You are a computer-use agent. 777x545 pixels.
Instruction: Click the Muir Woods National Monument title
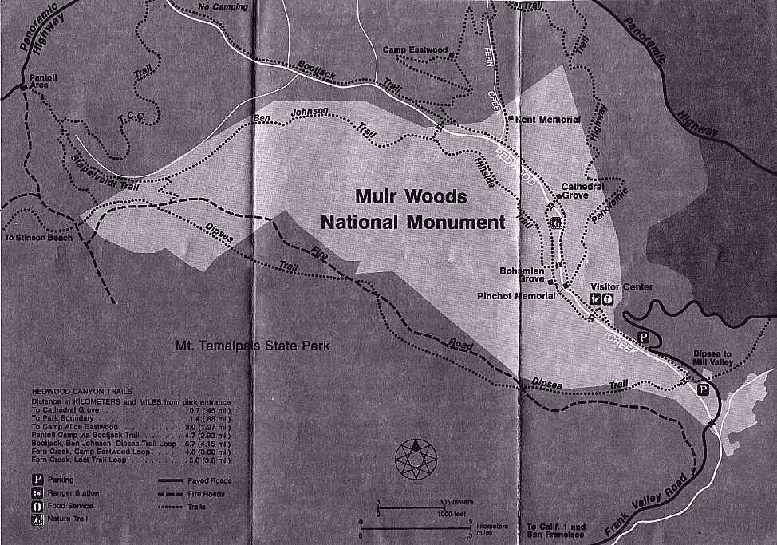pyautogui.click(x=413, y=209)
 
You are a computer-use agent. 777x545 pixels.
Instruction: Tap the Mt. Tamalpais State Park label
pyautogui.click(x=252, y=346)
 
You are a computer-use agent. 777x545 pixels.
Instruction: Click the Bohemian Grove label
pyautogui.click(x=522, y=276)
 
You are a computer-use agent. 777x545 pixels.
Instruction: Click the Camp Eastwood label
pyautogui.click(x=415, y=49)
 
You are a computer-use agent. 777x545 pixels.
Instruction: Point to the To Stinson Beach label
pyautogui.click(x=37, y=238)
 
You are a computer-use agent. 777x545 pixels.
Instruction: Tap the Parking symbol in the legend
pyautogui.click(x=37, y=480)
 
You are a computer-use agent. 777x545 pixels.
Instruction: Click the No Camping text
pyautogui.click(x=224, y=8)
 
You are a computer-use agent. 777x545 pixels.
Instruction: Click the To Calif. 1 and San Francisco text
pyautogui.click(x=556, y=532)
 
